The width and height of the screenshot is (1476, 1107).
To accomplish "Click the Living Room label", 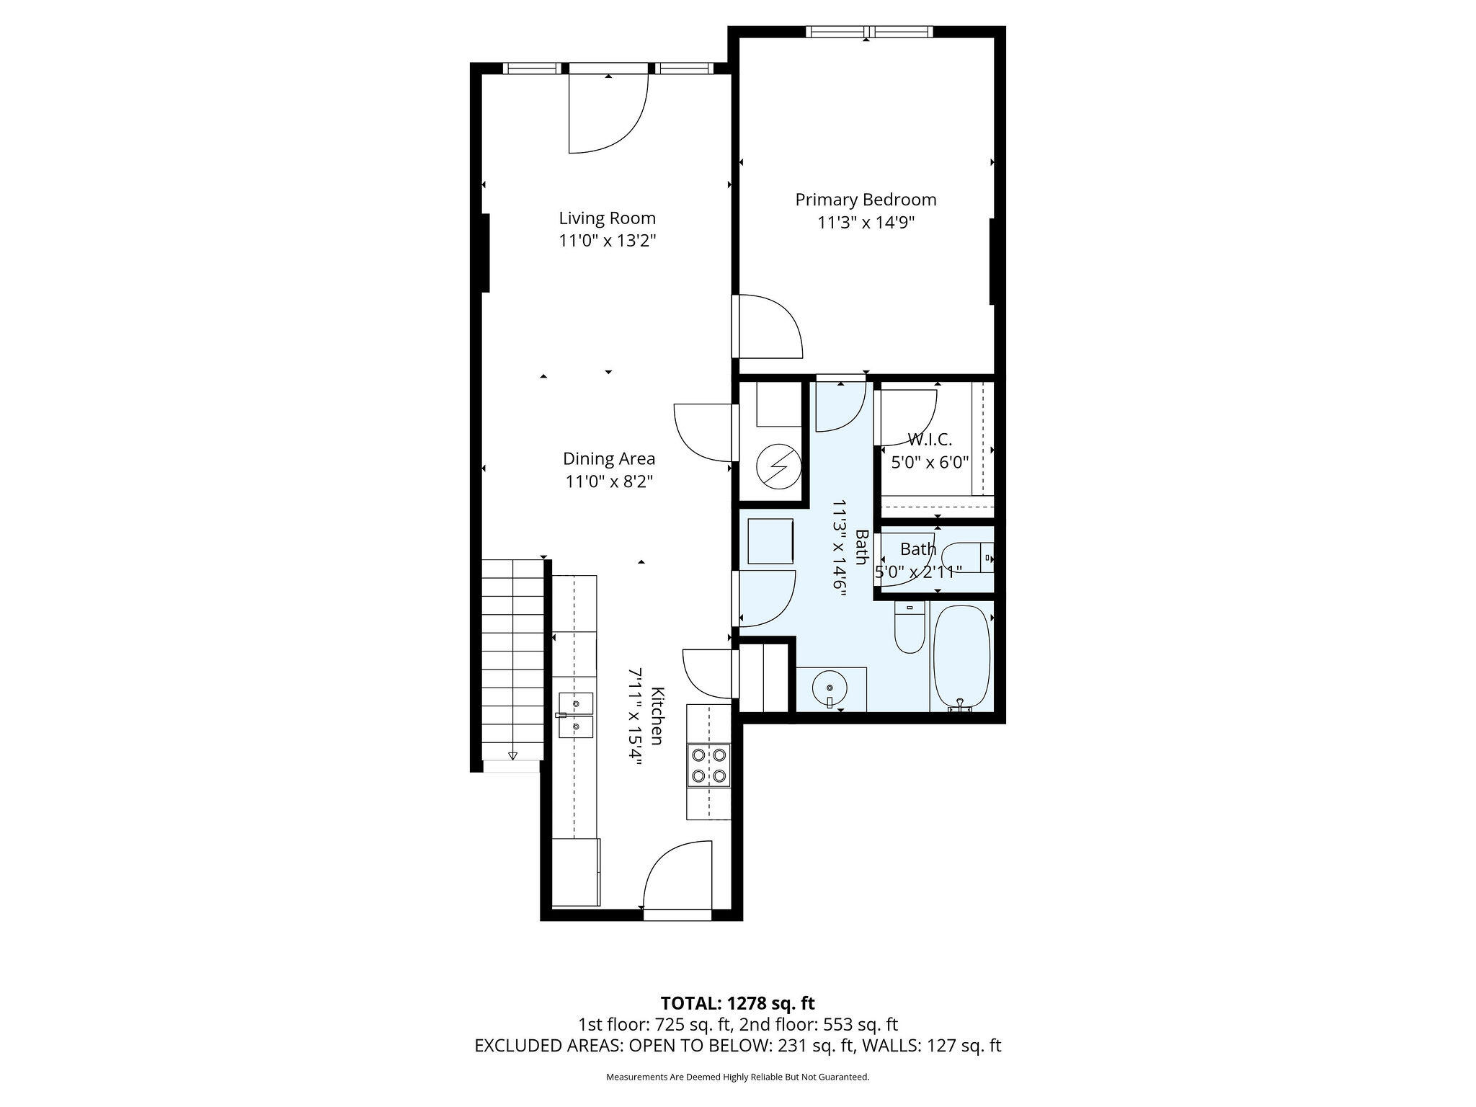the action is click(608, 218).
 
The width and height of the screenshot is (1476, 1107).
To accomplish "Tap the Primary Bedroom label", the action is click(866, 200).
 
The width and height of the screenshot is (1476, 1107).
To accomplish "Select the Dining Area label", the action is click(609, 459).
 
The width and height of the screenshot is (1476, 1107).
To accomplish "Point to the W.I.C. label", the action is click(930, 439).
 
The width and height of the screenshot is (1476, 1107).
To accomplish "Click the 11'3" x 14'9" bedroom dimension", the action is click(866, 223).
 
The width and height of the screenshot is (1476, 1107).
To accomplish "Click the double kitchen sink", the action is click(576, 715).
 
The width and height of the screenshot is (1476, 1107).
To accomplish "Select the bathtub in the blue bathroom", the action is click(961, 661).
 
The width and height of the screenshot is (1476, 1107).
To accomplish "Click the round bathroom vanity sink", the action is click(831, 689).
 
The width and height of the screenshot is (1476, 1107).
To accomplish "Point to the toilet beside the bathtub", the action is click(910, 628).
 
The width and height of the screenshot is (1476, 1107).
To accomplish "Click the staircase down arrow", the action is click(512, 755).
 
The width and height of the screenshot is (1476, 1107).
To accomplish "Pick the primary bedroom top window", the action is click(868, 32).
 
